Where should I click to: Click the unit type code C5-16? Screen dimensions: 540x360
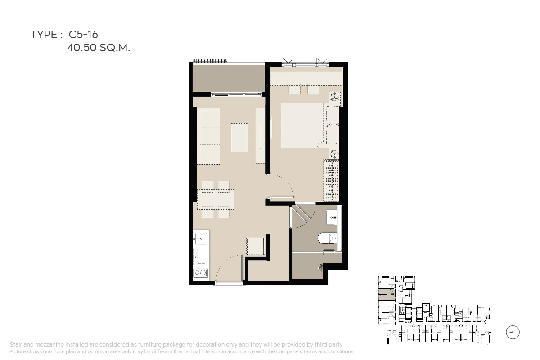click(83, 35)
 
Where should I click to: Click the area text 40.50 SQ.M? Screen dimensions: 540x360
click(99, 48)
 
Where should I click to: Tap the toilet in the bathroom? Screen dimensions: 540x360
click(328, 238)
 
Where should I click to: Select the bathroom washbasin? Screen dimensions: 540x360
click(332, 217)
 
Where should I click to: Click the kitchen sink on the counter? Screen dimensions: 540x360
click(201, 239)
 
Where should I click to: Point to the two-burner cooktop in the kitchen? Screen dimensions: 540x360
click(201, 273)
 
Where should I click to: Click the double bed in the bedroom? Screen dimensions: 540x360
click(302, 126)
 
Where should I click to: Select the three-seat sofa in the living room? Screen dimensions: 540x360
click(210, 137)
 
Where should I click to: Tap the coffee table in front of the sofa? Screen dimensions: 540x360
click(239, 138)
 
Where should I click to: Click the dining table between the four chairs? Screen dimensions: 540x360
click(216, 199)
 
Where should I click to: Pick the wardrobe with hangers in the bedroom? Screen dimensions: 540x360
click(331, 180)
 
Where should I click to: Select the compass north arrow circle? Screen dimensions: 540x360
click(513, 332)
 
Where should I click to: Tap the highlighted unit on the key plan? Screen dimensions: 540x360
click(387, 294)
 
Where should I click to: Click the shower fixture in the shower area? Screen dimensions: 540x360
click(320, 267)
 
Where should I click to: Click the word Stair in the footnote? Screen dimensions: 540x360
click(16, 345)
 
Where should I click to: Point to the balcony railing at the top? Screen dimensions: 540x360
click(210, 61)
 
